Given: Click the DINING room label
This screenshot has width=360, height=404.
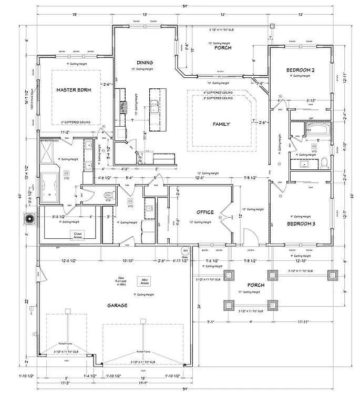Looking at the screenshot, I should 145,62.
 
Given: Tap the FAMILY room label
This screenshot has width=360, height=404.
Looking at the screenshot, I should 221,124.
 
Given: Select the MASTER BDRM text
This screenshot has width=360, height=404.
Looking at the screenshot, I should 74,90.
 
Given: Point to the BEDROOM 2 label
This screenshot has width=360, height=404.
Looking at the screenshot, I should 301,70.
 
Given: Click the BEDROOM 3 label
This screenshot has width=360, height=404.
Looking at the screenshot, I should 301,223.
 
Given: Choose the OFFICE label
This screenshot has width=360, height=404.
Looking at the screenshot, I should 205,212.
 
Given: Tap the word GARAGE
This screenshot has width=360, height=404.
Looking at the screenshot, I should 117,305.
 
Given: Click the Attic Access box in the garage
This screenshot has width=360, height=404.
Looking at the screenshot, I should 145,281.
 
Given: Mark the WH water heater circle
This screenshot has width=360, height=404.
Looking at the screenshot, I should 185,250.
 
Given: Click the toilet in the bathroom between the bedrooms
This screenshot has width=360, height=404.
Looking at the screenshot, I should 324,161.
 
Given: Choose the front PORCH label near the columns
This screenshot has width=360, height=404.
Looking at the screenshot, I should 256,285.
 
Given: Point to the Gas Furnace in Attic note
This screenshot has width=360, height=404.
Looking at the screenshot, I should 121,281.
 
